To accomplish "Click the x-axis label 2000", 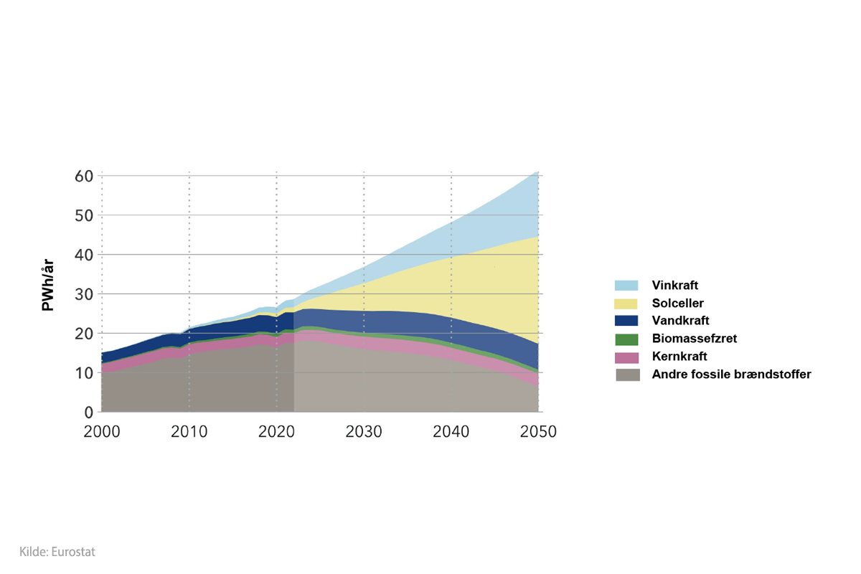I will coord(101,432).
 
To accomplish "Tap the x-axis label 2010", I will coord(189,432).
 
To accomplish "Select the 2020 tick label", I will coord(276,432).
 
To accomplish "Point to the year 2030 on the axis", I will coord(364,432).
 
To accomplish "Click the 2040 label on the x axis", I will coord(451,432).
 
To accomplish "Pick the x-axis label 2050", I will coord(538,432).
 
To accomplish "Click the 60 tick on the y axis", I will coord(84,176).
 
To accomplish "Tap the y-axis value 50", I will coord(84,215).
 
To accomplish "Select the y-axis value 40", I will coord(84,255).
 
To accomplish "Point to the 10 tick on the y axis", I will coord(84,373).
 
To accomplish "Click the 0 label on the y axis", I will coord(89,413).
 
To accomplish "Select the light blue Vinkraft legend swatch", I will coord(627,285).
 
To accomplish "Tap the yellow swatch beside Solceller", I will coord(627,303).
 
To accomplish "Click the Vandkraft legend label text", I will coord(680,321).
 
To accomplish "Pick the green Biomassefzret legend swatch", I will coord(627,339).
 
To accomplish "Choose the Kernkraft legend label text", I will coord(679,357).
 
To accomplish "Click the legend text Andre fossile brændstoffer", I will coord(731,375).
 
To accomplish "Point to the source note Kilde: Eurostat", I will coord(57,552).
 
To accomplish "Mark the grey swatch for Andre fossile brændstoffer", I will coord(627,375).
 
